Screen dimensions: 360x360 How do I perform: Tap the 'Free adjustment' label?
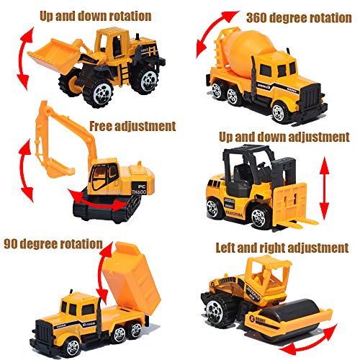[132, 127]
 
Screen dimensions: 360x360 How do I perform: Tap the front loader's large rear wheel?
[143, 83]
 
